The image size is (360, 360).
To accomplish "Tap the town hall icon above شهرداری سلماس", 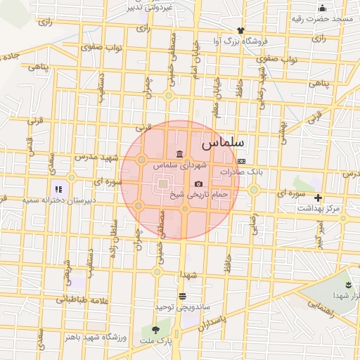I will tap(180, 154).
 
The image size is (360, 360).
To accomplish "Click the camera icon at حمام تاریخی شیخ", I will tap(198, 184).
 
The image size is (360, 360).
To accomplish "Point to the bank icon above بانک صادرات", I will tap(241, 161).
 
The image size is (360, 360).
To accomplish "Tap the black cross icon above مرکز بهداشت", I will tap(318, 198).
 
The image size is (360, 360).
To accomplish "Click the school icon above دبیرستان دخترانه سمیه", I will tap(58, 188).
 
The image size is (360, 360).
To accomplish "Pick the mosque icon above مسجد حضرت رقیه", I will tap(322, 8).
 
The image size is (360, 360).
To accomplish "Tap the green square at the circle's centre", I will tap(163, 184).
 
